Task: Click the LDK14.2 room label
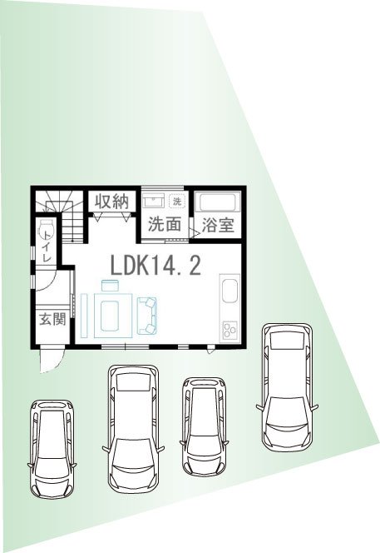[x=155, y=266]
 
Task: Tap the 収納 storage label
[x=111, y=202]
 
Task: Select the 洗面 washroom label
[x=165, y=224]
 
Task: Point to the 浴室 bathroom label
[x=218, y=225]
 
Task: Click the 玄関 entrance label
[x=52, y=319]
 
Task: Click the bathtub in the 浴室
[x=218, y=202]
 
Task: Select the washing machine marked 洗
[x=176, y=202]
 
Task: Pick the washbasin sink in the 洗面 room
[x=153, y=201]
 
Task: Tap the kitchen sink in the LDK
[x=229, y=291]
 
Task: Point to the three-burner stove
[x=230, y=330]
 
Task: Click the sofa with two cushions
[x=147, y=316]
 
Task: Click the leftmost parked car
[x=52, y=449]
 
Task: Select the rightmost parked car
[x=287, y=387]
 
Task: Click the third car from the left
[x=204, y=426]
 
